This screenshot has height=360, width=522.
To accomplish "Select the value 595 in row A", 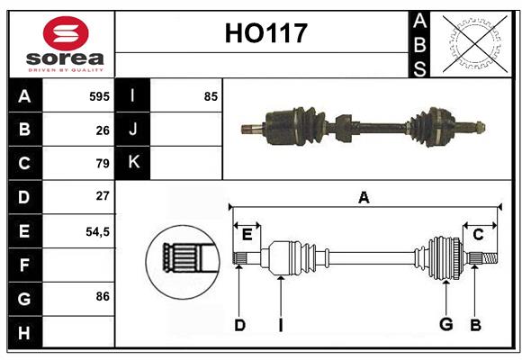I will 99,95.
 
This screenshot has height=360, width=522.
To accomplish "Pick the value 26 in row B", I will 103,130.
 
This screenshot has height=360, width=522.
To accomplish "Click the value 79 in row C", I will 103,163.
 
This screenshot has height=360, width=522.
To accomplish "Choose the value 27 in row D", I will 103,196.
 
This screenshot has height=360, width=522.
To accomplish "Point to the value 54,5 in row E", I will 97,230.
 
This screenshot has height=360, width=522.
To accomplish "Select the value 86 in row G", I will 103,296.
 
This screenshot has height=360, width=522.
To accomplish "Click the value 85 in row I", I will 211,95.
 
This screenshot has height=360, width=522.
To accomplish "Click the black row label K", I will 133,163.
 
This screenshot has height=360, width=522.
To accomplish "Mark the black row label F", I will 24,265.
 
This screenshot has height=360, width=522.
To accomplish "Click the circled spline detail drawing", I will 183,257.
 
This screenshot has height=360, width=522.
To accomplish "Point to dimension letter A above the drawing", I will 364,197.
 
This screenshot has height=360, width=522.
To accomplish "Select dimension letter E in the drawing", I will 247,235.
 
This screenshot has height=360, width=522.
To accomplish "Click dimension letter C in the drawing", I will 478,235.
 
